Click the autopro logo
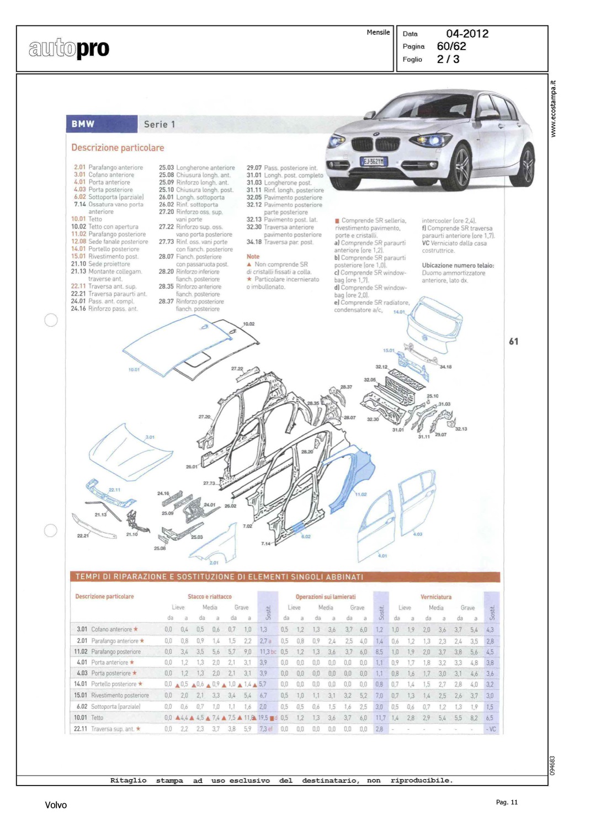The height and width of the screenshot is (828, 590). (x=69, y=49)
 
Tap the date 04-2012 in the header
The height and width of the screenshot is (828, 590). (x=467, y=34)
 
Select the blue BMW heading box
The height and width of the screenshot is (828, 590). (x=102, y=124)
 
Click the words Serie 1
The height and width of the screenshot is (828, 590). (x=159, y=124)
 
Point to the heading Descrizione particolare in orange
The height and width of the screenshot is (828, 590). (x=118, y=148)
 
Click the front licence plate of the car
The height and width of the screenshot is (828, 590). (x=374, y=161)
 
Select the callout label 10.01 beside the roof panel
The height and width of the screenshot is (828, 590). (x=134, y=370)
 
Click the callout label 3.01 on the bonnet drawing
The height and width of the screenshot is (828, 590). (x=150, y=437)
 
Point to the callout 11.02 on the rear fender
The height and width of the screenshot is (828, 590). (x=360, y=495)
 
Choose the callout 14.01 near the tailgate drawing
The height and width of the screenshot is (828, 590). (x=398, y=312)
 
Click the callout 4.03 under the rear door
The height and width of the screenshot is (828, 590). (x=417, y=534)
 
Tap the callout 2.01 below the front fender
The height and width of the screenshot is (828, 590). (x=214, y=562)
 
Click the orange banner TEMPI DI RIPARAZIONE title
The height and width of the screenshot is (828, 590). (x=219, y=577)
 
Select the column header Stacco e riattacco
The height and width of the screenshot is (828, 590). (x=209, y=597)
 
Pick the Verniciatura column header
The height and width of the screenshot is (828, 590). (x=435, y=597)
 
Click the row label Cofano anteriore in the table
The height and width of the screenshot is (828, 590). (x=111, y=629)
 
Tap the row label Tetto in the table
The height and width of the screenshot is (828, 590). (x=97, y=718)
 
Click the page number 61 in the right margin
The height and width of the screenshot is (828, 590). (x=513, y=342)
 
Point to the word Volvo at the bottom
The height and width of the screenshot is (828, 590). (x=56, y=805)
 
